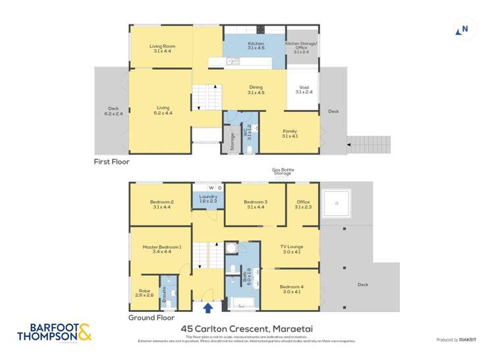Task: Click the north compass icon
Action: (463, 30)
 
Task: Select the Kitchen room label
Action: (238, 45)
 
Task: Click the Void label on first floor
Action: (304, 90)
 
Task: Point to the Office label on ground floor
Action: (303, 204)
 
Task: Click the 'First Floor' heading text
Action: (112, 161)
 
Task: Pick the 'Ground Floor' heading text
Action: (151, 317)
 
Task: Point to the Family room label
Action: (290, 134)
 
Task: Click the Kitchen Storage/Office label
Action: (301, 46)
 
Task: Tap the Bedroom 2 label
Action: (161, 204)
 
